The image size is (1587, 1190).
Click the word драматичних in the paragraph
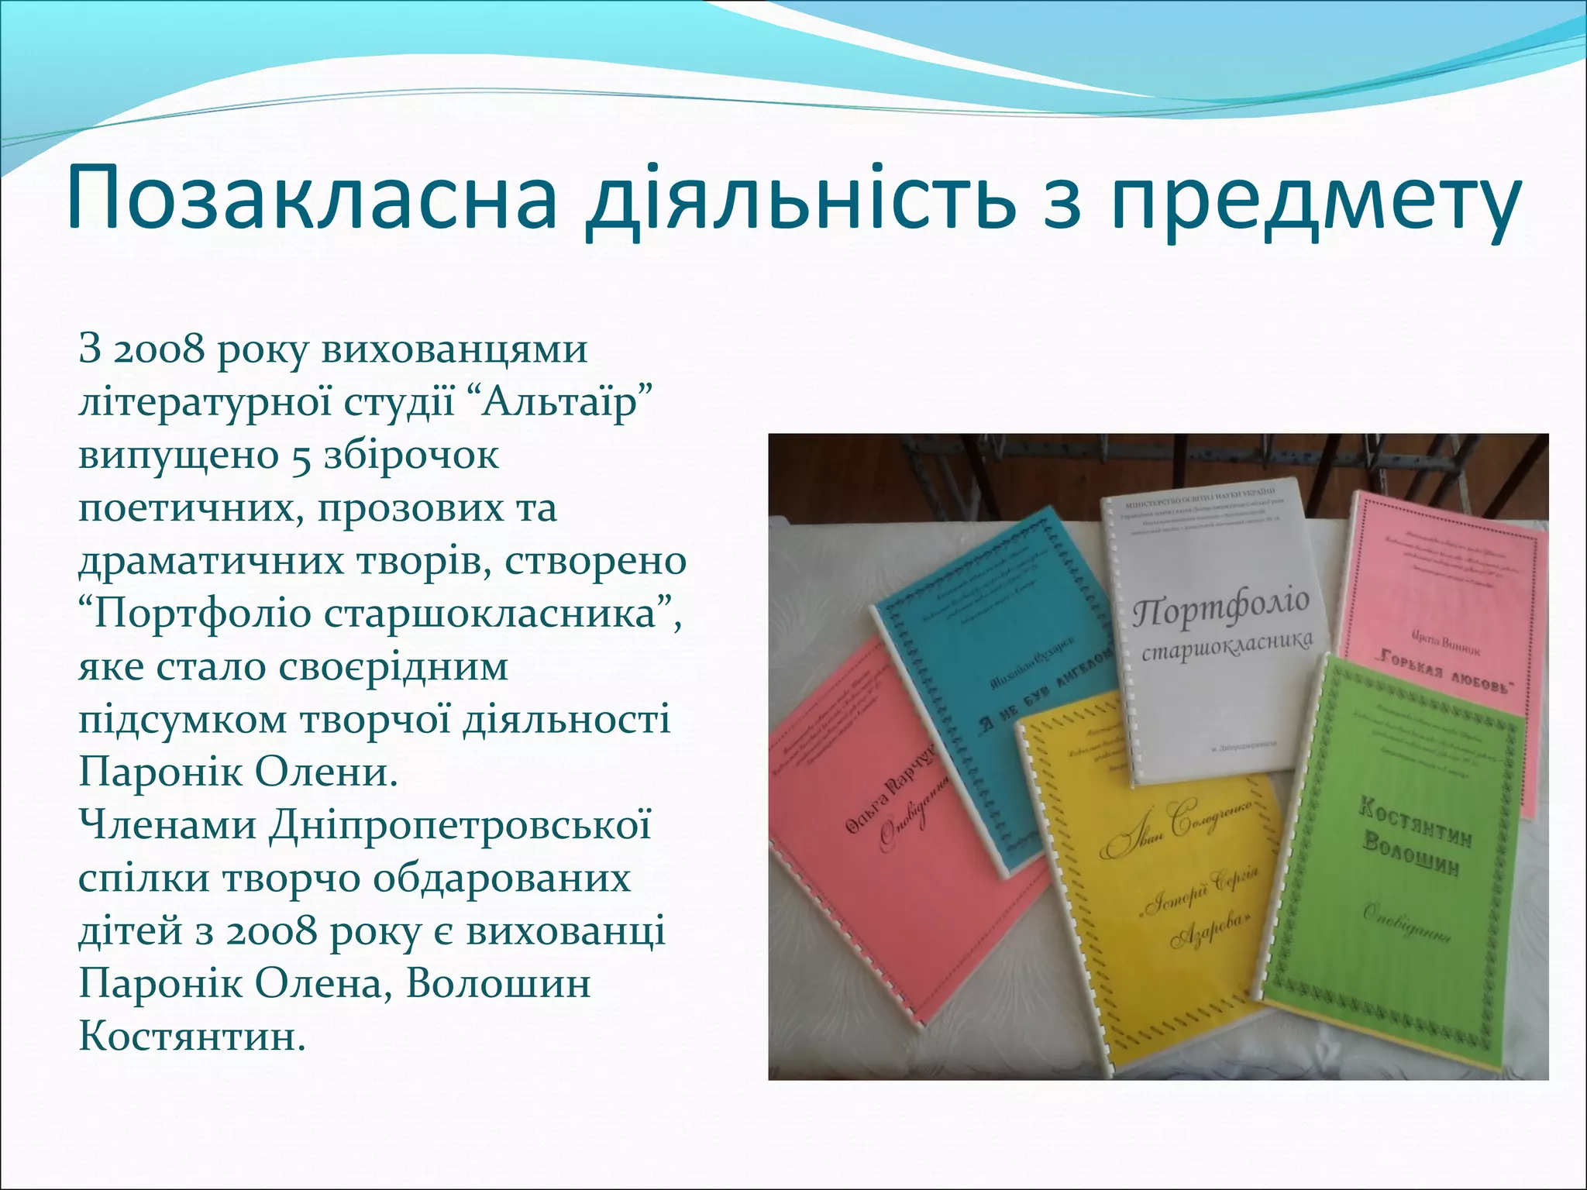209,561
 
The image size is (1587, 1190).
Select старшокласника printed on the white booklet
1227,645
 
